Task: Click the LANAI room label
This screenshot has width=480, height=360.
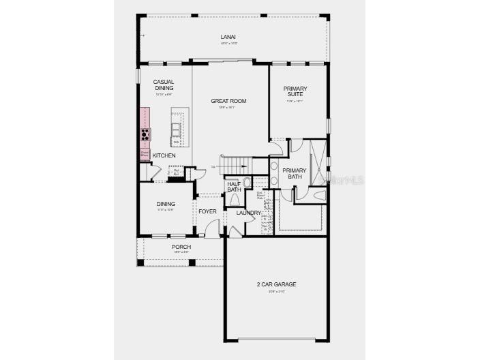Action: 228,37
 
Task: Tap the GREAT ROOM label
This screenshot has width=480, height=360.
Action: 228,101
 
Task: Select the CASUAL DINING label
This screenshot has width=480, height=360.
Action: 164,85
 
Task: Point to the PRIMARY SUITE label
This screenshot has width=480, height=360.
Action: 295,91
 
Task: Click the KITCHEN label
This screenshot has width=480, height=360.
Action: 164,155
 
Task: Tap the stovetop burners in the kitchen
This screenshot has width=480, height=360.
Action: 145,134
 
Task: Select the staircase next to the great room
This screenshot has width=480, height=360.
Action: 239,165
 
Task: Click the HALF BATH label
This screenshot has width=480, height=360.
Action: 234,186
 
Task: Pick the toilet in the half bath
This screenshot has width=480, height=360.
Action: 235,198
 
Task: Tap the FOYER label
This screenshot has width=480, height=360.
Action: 207,211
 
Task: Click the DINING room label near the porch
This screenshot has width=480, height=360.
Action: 166,204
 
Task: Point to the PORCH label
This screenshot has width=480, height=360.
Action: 181,247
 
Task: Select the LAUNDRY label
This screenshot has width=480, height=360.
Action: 249,213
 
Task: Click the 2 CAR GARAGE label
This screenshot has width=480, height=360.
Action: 276,284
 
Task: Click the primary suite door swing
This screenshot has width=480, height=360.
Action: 277,146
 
